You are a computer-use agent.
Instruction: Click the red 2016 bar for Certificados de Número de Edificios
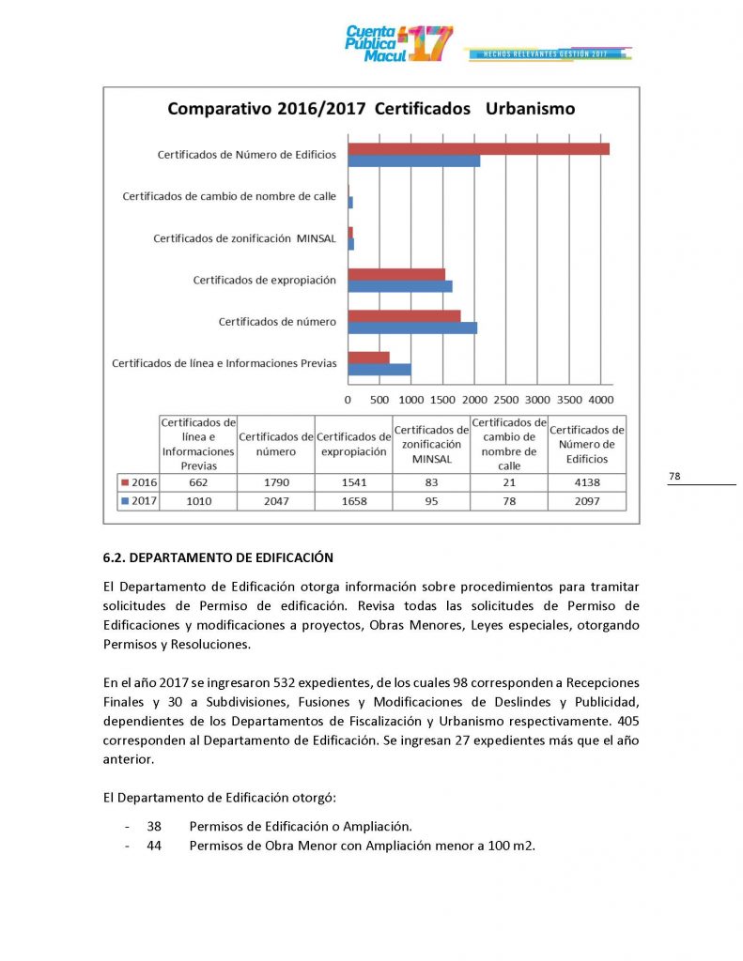[x=478, y=148]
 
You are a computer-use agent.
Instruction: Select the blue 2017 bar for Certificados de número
[x=412, y=328]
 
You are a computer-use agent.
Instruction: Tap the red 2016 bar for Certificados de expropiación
[x=396, y=274]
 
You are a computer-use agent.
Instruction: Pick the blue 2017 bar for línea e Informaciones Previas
[x=379, y=369]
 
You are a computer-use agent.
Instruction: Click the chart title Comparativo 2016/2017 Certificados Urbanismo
[x=371, y=109]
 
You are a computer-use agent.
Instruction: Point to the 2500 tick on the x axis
[x=505, y=399]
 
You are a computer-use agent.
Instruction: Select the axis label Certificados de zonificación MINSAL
[x=244, y=238]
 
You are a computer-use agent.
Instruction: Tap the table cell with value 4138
[x=586, y=482]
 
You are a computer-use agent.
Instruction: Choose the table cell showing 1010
[x=198, y=501]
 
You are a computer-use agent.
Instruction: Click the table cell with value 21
[x=508, y=482]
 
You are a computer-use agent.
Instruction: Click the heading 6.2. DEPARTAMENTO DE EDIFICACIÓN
[x=218, y=558]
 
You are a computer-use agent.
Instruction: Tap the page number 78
[x=674, y=477]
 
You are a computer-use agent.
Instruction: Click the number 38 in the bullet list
[x=155, y=827]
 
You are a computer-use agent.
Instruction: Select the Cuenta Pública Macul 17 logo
[x=399, y=43]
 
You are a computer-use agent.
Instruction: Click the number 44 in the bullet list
[x=155, y=846]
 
